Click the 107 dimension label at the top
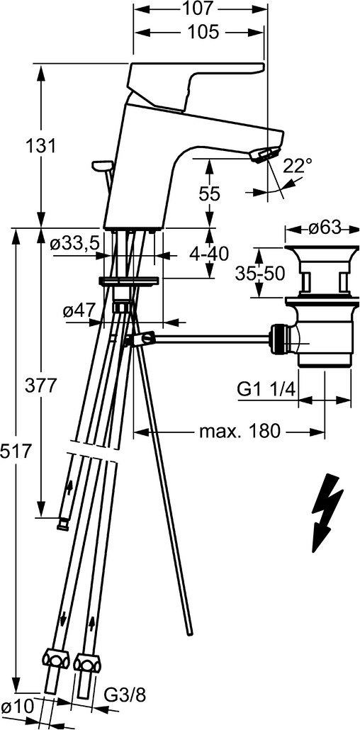click(200, 8)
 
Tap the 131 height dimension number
click(40, 146)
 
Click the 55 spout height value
click(209, 193)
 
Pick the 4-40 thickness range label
click(209, 254)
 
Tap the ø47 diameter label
click(80, 310)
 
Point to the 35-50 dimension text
click(260, 274)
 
